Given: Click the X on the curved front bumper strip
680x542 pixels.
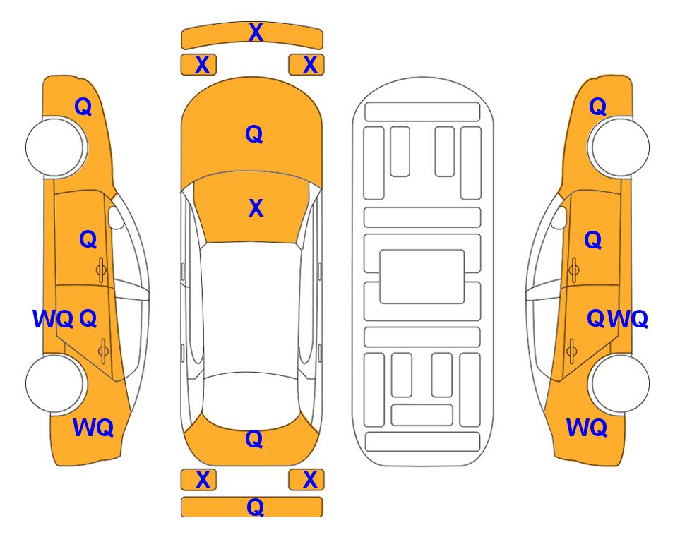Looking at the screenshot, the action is [256, 32].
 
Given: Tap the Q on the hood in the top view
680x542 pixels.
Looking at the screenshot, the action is [254, 134].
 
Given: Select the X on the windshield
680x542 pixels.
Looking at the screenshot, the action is [256, 208].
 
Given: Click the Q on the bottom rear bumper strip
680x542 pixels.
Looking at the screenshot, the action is [255, 507].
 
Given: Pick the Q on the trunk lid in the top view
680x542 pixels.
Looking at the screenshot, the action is [254, 439].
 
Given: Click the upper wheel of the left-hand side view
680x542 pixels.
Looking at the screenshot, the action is [54, 147].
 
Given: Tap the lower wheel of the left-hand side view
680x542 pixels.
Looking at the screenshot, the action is [54, 383].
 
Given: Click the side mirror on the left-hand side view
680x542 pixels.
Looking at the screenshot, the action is [116, 217].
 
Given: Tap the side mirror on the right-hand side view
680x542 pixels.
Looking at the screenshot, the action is [559, 217].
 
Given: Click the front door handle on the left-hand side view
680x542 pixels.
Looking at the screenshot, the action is [101, 270].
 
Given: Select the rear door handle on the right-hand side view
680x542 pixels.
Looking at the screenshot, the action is [572, 351].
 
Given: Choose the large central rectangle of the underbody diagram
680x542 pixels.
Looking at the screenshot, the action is [422, 277].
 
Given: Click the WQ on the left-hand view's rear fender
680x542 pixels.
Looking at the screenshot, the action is [93, 428].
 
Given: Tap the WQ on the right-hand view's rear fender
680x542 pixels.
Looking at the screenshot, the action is [587, 428].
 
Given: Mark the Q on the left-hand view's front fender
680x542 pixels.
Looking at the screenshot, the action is [83, 107].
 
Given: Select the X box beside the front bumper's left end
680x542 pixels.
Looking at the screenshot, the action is [198, 65].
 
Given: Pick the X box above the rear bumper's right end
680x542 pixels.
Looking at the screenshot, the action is [306, 480].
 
